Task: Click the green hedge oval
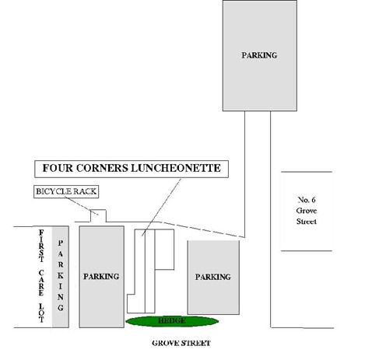coord(172,321)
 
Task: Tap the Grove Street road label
coord(181,343)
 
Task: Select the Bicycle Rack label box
coord(66,191)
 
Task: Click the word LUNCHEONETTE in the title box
coord(176,168)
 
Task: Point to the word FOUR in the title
coord(58,168)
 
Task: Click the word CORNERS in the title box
coord(102,168)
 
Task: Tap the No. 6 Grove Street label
coord(307,211)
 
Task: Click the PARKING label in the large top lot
coord(259,55)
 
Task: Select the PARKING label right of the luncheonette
coord(213,277)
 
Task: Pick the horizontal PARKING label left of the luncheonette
coord(101,277)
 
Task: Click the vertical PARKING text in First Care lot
coord(61,275)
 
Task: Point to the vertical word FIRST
coord(41,246)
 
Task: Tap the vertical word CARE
coord(41,283)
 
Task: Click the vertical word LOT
coord(41,313)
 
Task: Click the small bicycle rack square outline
coord(98,210)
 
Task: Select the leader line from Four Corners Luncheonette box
coord(161,207)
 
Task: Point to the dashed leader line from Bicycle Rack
coord(82,206)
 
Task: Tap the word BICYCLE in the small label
coord(54,191)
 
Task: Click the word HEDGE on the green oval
coord(172,321)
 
